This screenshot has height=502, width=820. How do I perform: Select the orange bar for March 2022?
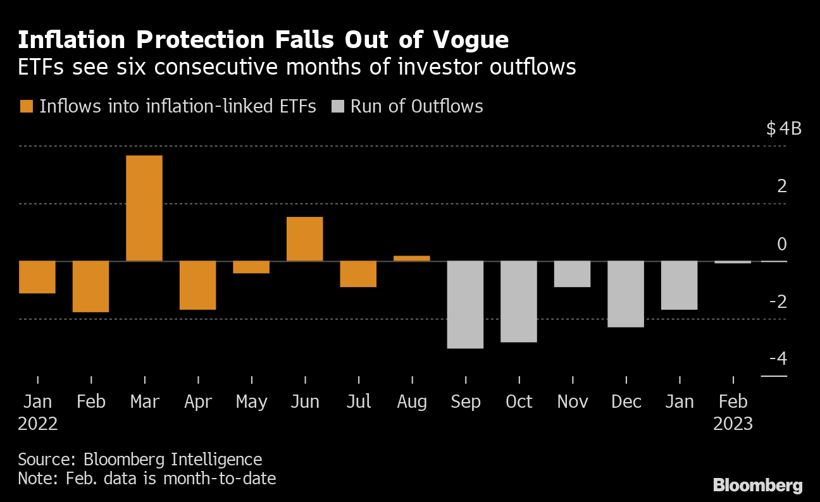point(144,208)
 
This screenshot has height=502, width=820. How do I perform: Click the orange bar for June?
point(305,239)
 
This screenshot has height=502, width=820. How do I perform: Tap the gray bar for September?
point(465,304)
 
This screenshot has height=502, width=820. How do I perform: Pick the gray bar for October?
point(519,301)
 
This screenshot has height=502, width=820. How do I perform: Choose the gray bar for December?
point(626,294)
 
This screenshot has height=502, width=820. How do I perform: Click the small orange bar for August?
point(412,258)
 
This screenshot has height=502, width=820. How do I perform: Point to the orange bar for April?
point(198,285)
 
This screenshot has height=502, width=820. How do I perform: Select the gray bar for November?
point(572,274)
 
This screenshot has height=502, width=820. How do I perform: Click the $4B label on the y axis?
point(784,129)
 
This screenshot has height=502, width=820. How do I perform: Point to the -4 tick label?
point(778,359)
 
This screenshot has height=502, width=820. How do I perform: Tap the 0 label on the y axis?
point(782,244)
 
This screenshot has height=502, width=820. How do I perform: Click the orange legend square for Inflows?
point(26,106)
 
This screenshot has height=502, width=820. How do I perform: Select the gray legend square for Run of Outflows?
point(337,106)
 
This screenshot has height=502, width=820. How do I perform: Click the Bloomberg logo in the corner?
point(758,485)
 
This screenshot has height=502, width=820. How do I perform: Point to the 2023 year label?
point(733,423)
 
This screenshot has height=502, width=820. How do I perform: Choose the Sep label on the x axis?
point(466,401)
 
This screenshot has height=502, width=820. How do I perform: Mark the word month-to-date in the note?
point(219,479)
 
